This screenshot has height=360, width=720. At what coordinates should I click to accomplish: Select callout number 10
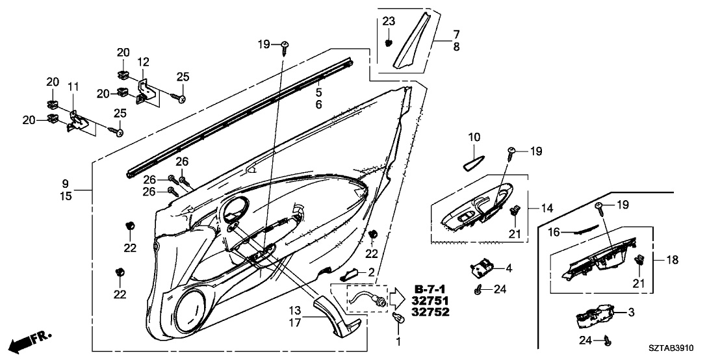point(474,137)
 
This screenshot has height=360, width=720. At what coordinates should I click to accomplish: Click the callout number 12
point(143,62)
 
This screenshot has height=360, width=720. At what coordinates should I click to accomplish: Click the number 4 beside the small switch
point(509,266)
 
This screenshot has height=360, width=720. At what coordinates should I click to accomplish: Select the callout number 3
point(630,313)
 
